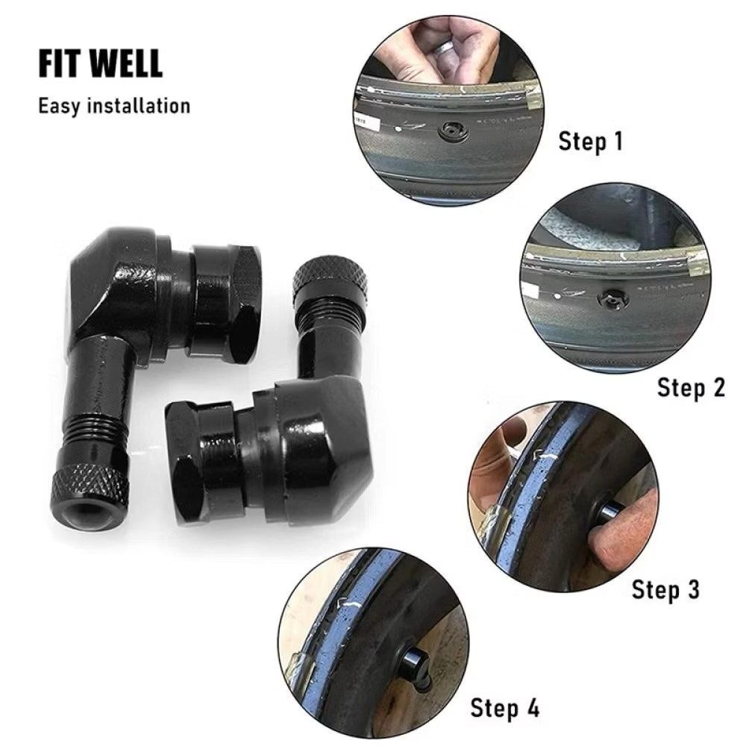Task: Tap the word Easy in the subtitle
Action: point(59,106)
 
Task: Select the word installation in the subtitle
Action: point(139,105)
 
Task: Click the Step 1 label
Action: point(590,142)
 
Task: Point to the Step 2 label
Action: point(691,388)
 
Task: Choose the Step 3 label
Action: point(665,590)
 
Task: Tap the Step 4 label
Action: point(505,707)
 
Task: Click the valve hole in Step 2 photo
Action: point(612,298)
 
